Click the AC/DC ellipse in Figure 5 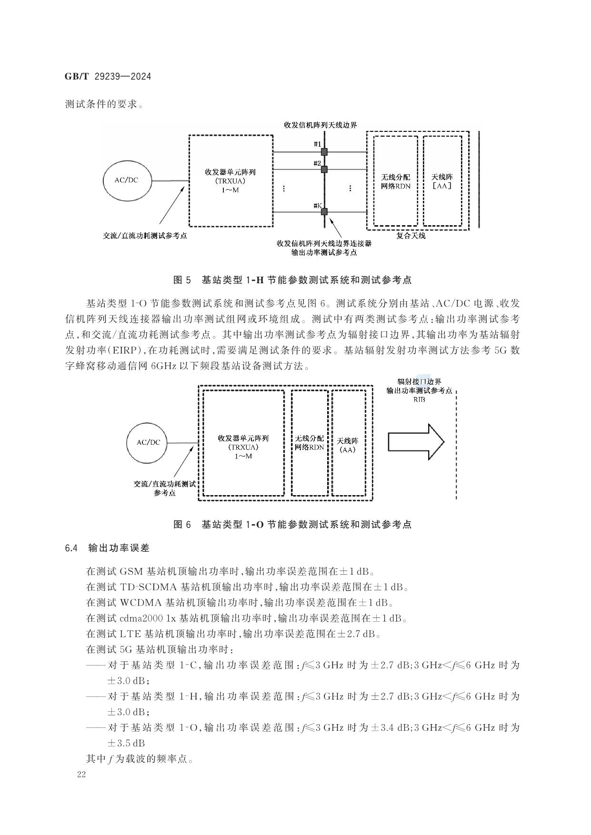[x=127, y=180]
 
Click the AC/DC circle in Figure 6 [x=148, y=442]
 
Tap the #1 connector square [x=324, y=152]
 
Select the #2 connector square [x=324, y=169]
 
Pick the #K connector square [x=324, y=212]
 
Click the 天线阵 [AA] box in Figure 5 [x=442, y=181]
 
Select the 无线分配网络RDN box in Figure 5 [x=396, y=181]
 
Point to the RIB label [x=419, y=399]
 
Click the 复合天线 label [x=411, y=235]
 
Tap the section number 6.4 [x=71, y=548]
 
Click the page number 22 [x=81, y=775]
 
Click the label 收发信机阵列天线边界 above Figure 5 [x=320, y=125]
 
